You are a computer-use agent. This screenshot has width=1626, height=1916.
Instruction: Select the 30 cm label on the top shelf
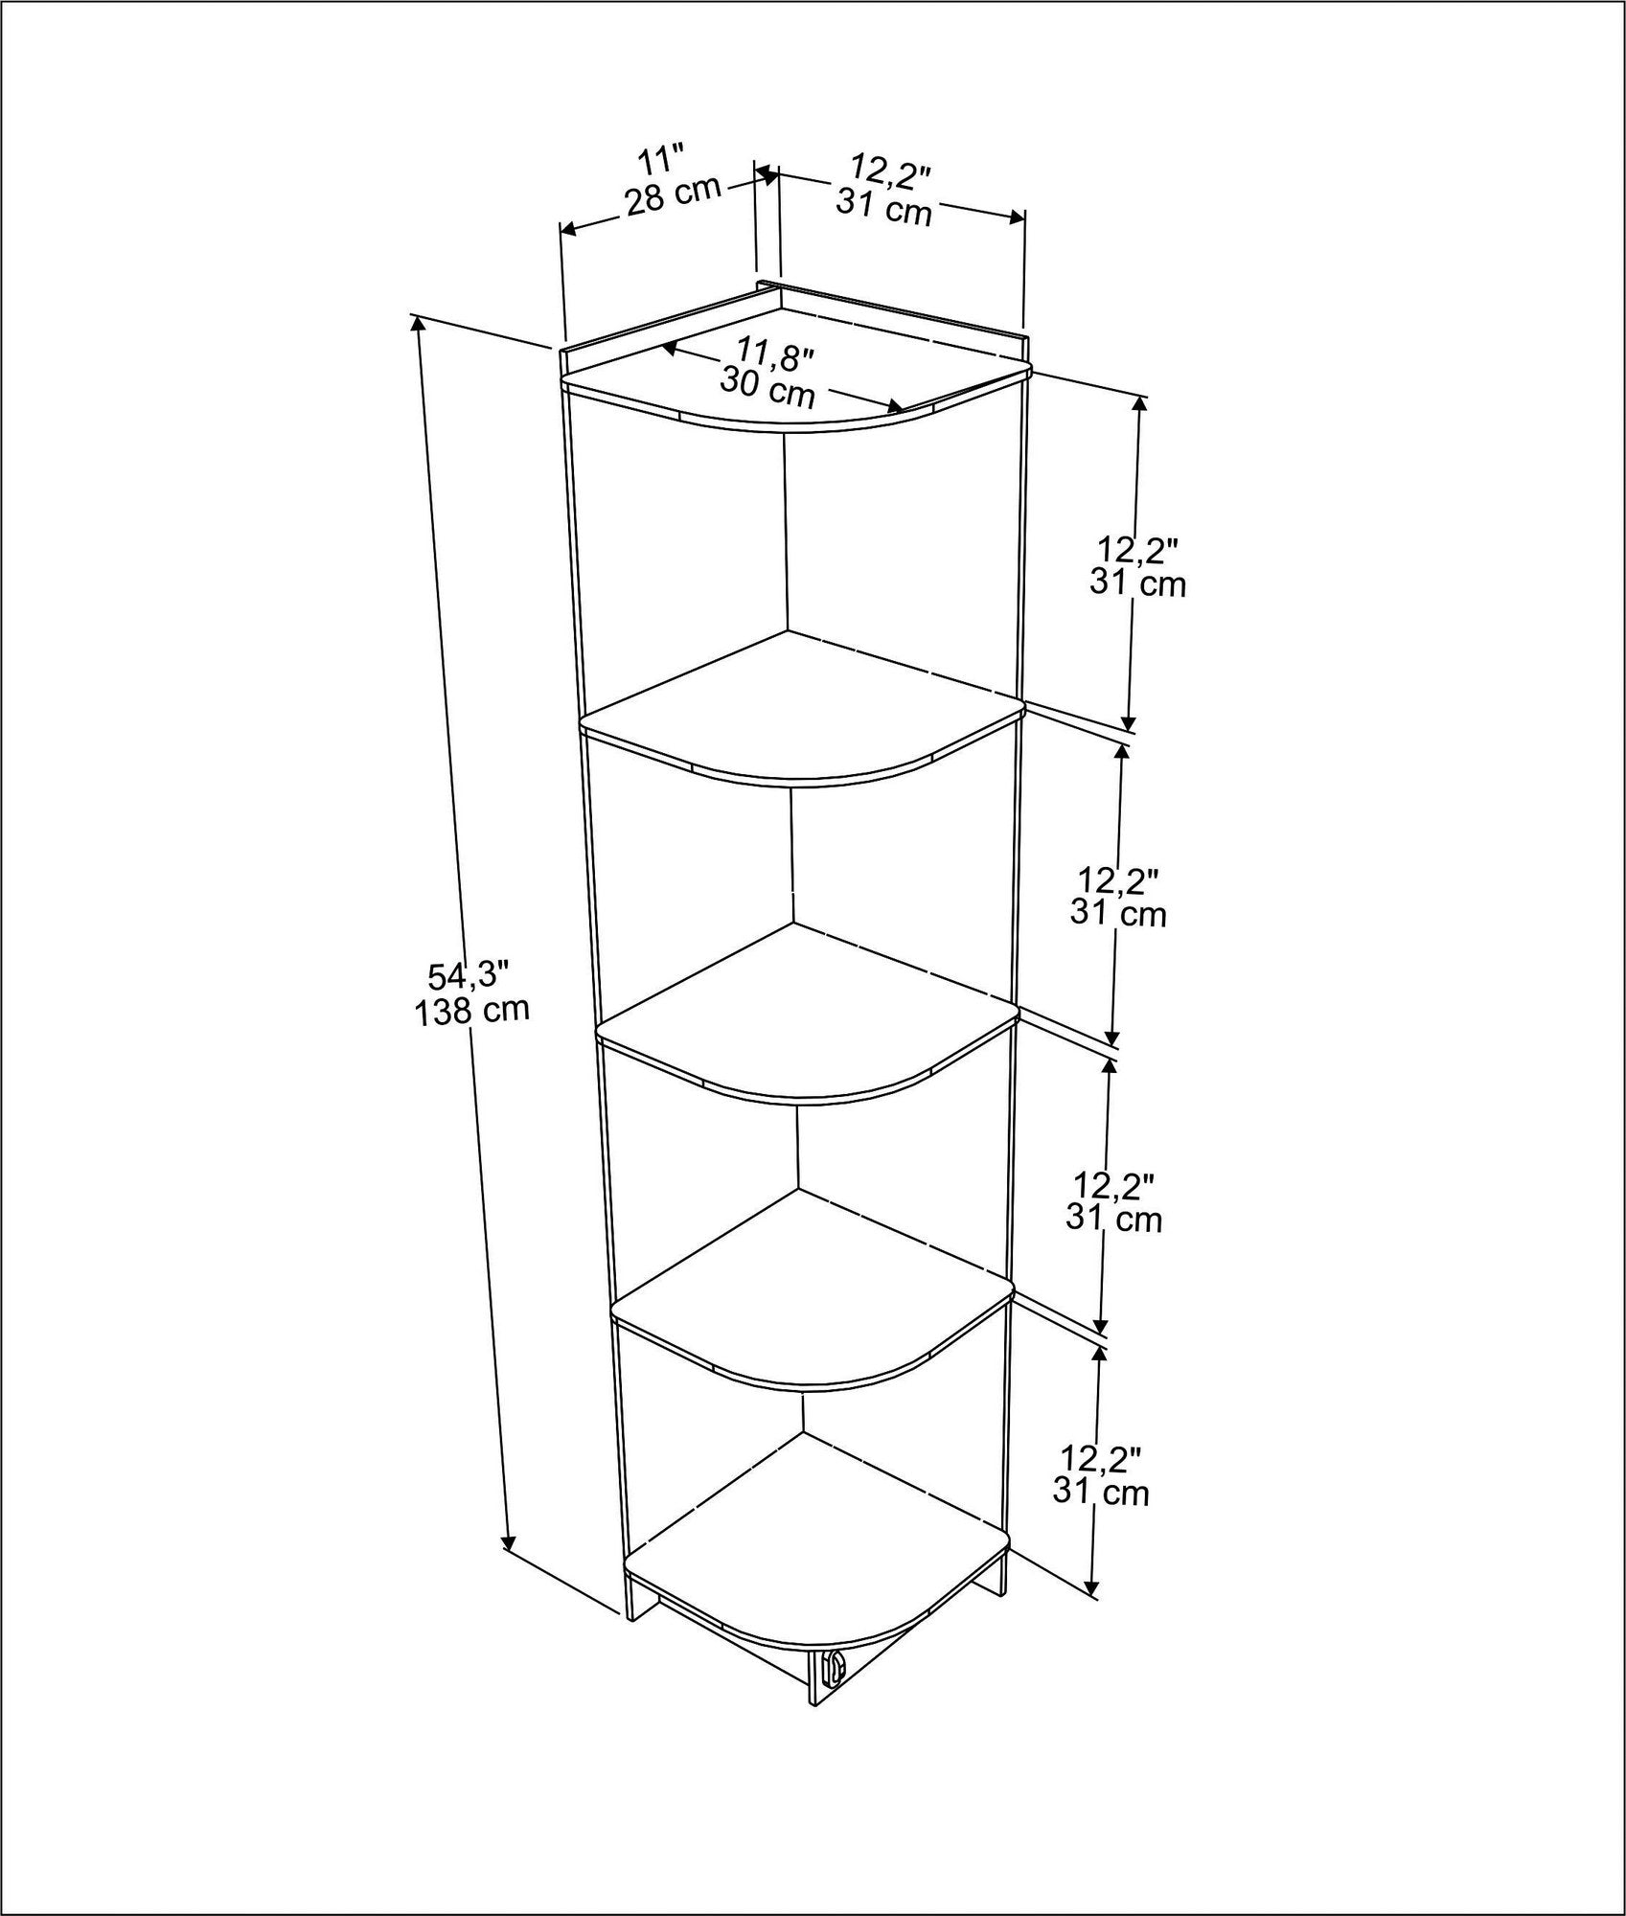tap(767, 387)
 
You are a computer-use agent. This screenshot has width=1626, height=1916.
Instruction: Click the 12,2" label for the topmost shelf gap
tap(1137, 551)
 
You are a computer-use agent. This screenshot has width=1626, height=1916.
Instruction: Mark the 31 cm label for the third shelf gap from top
tap(1113, 1220)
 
